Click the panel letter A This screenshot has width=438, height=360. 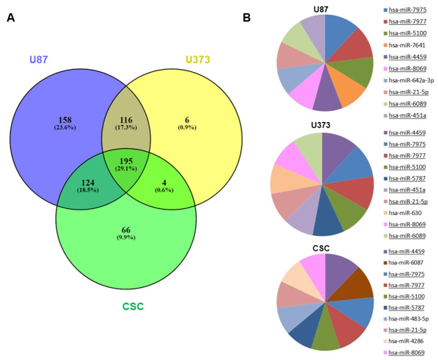click(x=11, y=18)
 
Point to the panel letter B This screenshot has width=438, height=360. click(x=247, y=18)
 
